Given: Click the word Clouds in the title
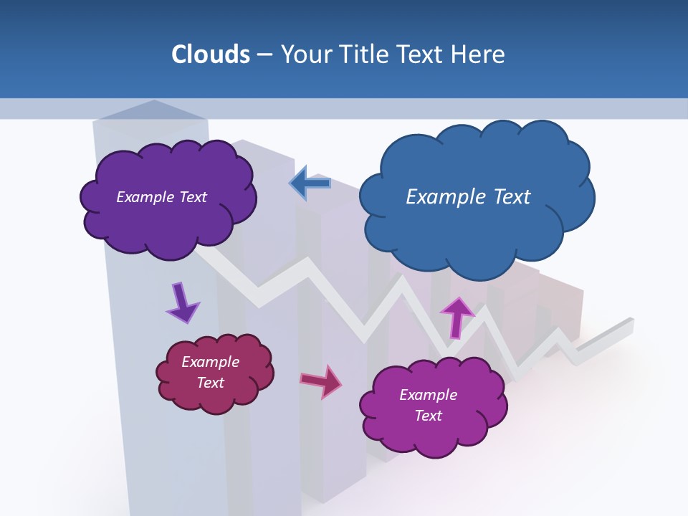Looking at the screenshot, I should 211,54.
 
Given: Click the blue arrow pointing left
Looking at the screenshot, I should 310,183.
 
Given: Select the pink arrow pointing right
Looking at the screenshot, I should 321,381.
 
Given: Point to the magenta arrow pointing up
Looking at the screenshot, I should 457,316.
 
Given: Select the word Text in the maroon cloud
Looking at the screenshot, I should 211,383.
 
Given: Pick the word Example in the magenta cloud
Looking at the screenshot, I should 428,395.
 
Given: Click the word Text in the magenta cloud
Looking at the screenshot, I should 428,416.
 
